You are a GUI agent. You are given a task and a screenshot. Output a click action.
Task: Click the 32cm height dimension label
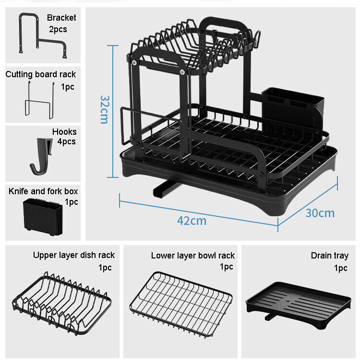104,109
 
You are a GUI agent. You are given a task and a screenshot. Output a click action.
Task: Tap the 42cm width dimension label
192,221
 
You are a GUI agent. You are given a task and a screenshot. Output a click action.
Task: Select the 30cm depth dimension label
320,212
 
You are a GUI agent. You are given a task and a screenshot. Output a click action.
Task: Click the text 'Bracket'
61,18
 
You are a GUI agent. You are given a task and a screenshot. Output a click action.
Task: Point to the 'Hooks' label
64,131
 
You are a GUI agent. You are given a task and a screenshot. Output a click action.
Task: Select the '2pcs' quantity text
58,29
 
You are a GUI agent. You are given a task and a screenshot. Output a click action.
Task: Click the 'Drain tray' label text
329,256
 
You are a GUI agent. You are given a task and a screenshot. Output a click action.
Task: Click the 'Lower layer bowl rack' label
192,256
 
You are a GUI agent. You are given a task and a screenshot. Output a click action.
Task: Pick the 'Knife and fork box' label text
43,191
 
